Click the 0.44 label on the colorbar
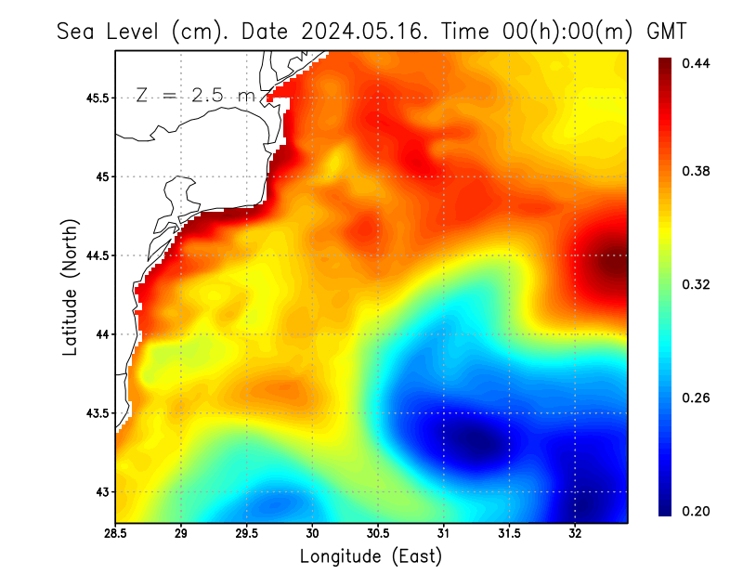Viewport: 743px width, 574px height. pyautogui.click(x=696, y=63)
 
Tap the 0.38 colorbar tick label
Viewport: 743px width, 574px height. pyautogui.click(x=696, y=171)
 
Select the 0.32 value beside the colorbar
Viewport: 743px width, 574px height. pyautogui.click(x=696, y=284)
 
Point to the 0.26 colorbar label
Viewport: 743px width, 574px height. pyautogui.click(x=696, y=398)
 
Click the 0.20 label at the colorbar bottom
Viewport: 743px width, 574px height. pyautogui.click(x=696, y=511)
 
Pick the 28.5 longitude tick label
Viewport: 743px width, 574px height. pyautogui.click(x=116, y=533)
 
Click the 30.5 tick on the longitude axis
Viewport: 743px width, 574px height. pyautogui.click(x=379, y=533)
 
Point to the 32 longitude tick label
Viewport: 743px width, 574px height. pyautogui.click(x=575, y=533)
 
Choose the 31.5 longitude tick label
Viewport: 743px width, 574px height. pyautogui.click(x=510, y=533)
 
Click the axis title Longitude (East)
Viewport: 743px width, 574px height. pyautogui.click(x=371, y=556)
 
